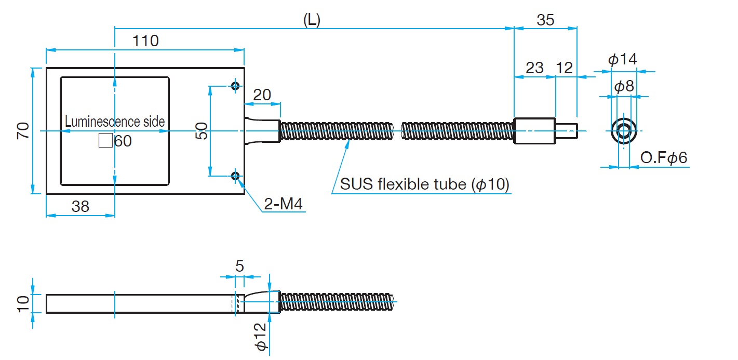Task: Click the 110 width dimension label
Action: click(x=145, y=41)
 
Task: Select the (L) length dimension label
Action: click(x=312, y=20)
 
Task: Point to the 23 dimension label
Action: click(x=534, y=68)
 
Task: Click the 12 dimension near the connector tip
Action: click(x=564, y=68)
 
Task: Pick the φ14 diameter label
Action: click(x=623, y=59)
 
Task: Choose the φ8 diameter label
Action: click(x=624, y=86)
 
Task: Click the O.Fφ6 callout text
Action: click(x=664, y=158)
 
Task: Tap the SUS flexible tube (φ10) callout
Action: click(x=424, y=184)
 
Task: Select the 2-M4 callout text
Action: click(x=283, y=204)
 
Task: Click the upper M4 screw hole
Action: click(x=235, y=86)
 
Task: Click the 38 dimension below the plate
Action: click(x=80, y=206)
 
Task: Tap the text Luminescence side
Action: click(x=115, y=122)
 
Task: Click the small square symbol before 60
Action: click(x=105, y=141)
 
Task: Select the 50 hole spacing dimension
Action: click(x=203, y=131)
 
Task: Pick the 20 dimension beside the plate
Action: click(x=262, y=95)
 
